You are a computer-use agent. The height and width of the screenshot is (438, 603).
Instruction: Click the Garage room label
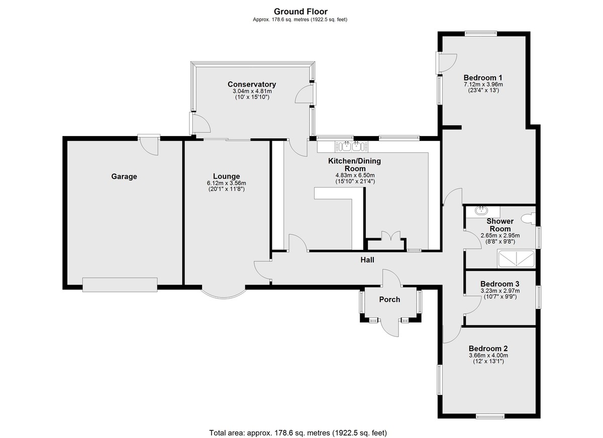pos(124,177)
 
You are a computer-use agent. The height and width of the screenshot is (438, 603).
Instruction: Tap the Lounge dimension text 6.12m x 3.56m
pos(227,183)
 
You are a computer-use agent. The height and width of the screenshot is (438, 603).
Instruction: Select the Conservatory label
pos(252,84)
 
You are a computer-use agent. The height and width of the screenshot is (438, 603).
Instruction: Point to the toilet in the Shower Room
pos(529,218)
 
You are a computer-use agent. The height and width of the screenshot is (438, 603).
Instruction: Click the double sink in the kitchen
pos(351,147)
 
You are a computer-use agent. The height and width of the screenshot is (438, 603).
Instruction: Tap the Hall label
pos(367,260)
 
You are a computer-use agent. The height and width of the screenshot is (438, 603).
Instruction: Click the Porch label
pos(389,300)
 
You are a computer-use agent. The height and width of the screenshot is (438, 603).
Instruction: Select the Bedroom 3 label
pos(500,284)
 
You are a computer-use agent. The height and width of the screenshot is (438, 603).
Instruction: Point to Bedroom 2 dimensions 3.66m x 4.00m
pos(488,355)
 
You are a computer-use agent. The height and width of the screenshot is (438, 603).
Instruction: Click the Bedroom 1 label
pos(483,78)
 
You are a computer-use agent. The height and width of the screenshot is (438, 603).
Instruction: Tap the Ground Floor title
pos(300,12)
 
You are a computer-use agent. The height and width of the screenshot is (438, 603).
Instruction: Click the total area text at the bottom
pos(298,425)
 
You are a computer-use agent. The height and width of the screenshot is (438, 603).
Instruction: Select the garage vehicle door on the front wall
pos(120,284)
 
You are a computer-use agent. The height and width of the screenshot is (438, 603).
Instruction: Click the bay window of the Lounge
pos(224,295)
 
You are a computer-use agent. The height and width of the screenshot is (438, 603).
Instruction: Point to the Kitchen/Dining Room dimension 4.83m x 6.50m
pos(355,176)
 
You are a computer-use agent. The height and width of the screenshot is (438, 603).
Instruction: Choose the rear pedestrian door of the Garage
pos(149,144)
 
